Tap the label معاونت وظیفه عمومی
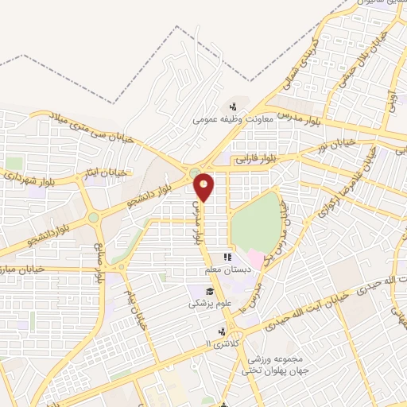coord(233,121)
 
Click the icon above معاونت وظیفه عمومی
coord(233,107)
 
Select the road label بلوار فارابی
coord(258,158)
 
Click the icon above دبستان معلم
coord(227,258)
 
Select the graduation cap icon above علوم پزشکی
coord(208,291)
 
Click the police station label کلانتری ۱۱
coord(221,342)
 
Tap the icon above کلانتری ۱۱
coord(223,330)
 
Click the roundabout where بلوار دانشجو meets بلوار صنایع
coord(94,216)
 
